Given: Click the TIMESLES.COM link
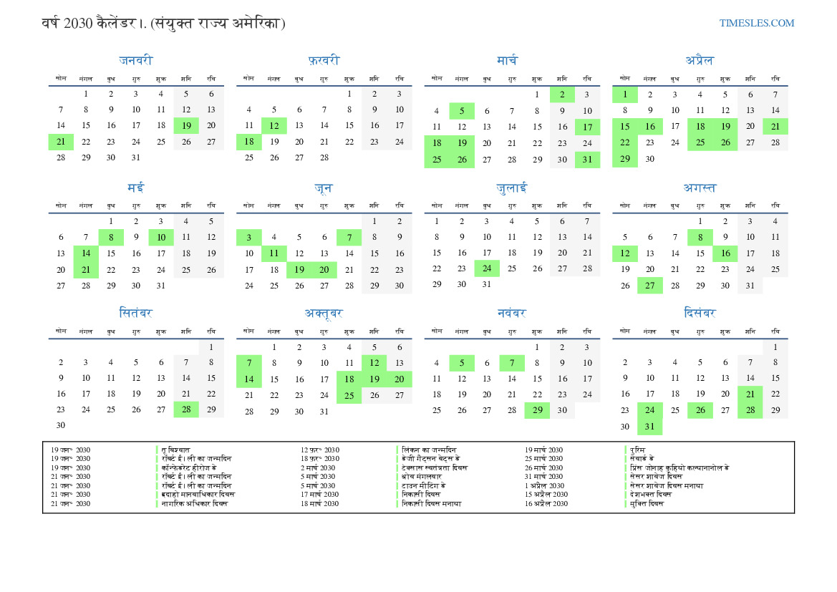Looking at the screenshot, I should point(757,23).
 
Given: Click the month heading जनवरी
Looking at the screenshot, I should point(135,61).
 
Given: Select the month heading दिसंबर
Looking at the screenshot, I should point(700,313).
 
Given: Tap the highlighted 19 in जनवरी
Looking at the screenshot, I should point(186,125).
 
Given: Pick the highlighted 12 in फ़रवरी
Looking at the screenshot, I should point(274,125).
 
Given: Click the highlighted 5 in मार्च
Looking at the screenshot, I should point(462,111).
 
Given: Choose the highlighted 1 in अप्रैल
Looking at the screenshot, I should point(624,94).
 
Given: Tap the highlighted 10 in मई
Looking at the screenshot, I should point(161,237).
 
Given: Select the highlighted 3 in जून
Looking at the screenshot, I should point(248,237).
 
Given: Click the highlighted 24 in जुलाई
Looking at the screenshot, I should point(487,268).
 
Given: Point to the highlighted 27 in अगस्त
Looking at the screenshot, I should point(649,286).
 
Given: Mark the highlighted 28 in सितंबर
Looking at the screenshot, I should point(186,409).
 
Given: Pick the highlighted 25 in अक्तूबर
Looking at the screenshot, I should point(349,395).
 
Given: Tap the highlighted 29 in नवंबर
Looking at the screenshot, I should point(537,410).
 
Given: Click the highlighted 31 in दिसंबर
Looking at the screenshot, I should point(649,427).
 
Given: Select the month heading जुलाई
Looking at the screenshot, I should point(511,188).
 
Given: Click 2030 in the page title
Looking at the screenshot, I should point(78,23).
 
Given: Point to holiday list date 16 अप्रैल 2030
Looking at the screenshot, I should point(546,503).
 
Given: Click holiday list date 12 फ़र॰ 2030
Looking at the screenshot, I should point(320,450).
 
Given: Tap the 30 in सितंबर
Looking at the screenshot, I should point(61,425).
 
